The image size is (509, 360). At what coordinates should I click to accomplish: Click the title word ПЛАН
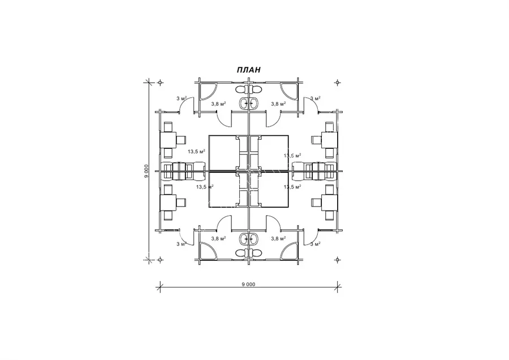[x=248, y=70]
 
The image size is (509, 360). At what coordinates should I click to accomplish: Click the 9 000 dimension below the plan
[x=248, y=284]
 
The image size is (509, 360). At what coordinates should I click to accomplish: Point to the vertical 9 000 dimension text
[x=146, y=171]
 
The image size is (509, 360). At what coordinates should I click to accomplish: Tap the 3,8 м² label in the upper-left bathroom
[x=218, y=104]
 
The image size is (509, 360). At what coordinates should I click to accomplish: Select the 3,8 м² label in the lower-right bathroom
[x=278, y=238]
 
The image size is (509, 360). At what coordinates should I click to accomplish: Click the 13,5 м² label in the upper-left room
[x=196, y=151]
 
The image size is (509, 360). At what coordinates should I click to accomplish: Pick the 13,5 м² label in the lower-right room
[x=292, y=187]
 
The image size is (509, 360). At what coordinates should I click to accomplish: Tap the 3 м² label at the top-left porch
[x=182, y=98]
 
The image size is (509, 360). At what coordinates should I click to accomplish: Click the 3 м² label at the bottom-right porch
[x=316, y=244]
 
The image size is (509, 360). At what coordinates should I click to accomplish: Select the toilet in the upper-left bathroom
[x=241, y=89]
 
